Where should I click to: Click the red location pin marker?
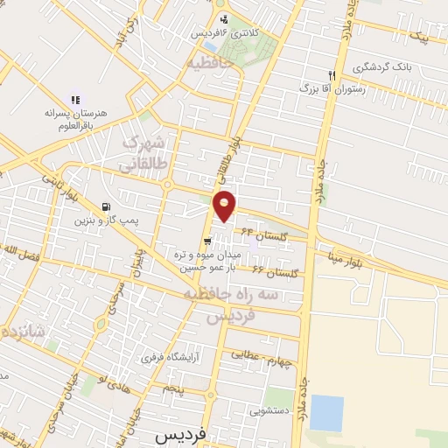click(225, 206)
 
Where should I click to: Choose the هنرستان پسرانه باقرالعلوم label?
click(76, 119)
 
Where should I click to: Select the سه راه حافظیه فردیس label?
click(229, 306)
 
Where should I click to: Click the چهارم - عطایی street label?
click(257, 357)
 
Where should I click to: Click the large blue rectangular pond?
click(325, 413)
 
